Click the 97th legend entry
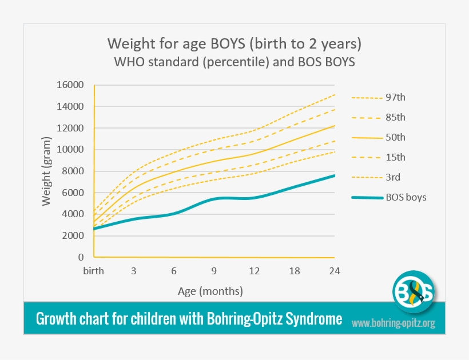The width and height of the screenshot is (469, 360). tap(395, 97)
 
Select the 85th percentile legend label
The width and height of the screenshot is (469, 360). tap(395, 117)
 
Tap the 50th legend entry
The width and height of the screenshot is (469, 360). tap(395, 137)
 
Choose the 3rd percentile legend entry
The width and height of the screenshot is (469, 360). tap(394, 177)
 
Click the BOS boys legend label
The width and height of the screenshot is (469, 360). tap(406, 198)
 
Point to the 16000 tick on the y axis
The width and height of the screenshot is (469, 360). tap(70, 85)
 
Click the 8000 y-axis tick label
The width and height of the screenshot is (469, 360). tap(73, 171)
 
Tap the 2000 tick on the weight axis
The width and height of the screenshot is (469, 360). tap(73, 235)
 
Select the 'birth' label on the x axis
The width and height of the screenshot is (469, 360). tap(93, 271)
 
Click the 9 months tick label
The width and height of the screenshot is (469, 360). tap(214, 271)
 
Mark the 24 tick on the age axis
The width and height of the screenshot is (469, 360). tap(335, 271)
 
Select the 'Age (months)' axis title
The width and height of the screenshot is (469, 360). tap(210, 291)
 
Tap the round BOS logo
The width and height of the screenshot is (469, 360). tap(413, 292)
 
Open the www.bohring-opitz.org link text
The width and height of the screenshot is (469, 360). tap(393, 323)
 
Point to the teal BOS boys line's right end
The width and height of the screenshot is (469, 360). tap(334, 176)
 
